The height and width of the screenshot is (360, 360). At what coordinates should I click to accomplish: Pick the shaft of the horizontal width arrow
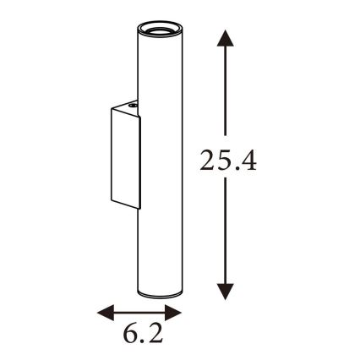140,313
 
